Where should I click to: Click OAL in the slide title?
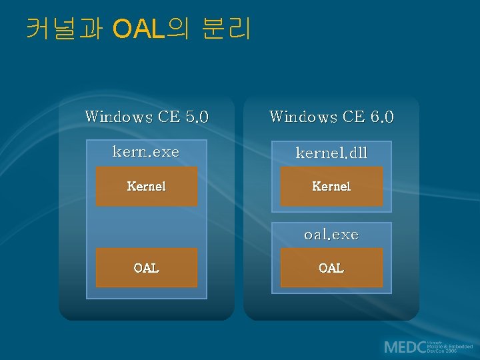coord(139,29)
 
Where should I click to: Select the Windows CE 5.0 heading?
coord(147,117)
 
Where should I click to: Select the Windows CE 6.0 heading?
coord(331,117)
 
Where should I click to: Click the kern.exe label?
coord(146,152)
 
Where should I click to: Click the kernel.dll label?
coord(331,153)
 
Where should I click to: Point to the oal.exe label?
coord(331,235)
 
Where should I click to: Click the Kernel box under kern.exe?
coord(147,186)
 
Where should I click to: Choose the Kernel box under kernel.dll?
coord(331,186)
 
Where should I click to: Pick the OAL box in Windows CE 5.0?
coord(147,268)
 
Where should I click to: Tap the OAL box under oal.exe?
coord(331,268)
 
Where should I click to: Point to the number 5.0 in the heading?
coord(197,117)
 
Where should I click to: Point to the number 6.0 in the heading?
coord(381,117)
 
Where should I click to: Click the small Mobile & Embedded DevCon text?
coord(450,347)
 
